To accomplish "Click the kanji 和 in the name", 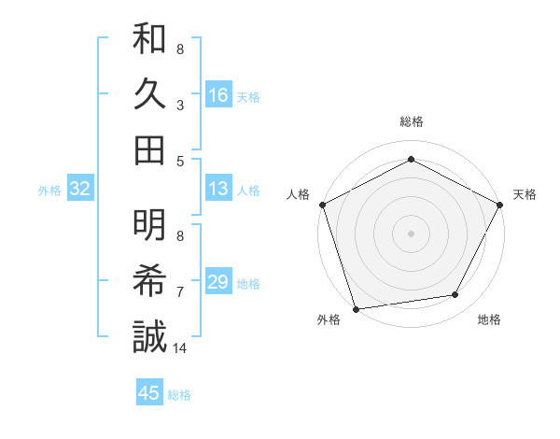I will (x=149, y=40).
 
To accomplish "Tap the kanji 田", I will (x=149, y=149).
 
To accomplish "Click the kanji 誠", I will (x=149, y=336).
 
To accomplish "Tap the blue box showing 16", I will (x=217, y=94).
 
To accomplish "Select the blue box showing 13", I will (x=217, y=190).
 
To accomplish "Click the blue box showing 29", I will (x=217, y=282).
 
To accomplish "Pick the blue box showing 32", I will (x=80, y=190).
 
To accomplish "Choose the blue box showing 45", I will (x=149, y=393).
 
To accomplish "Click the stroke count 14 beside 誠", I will (x=180, y=348).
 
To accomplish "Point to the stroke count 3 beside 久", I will (x=180, y=106).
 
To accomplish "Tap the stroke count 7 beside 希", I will (x=180, y=292).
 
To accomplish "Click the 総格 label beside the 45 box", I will (x=179, y=395).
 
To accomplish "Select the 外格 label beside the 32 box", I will (x=49, y=191).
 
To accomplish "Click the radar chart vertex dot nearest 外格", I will (x=356, y=309).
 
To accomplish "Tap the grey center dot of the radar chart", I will (x=412, y=233).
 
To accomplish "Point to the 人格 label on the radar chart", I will (x=299, y=194).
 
